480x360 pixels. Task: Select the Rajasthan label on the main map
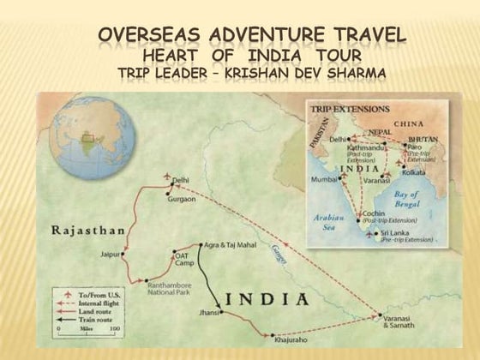point(89,230)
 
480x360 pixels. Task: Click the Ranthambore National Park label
point(172,287)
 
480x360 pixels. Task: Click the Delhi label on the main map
point(180,180)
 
